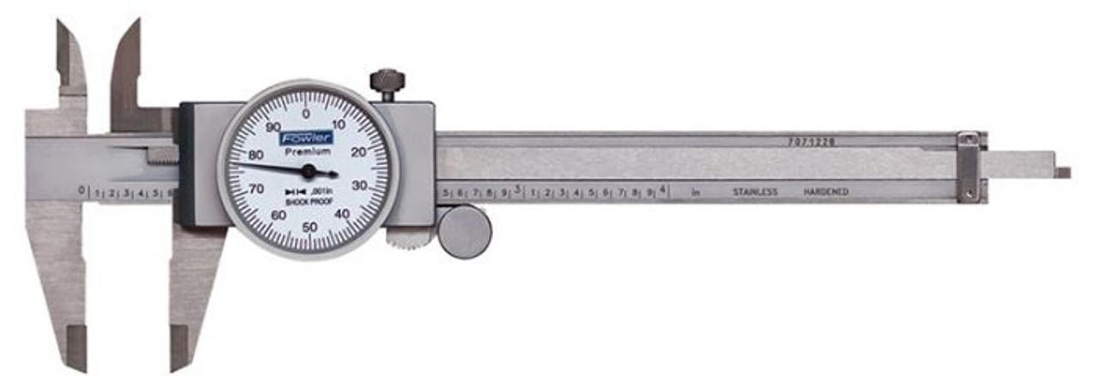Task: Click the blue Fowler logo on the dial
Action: tap(307, 137)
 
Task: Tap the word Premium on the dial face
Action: tap(308, 151)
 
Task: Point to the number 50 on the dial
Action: tap(309, 226)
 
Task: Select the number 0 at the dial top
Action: tap(307, 113)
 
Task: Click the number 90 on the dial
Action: tap(273, 127)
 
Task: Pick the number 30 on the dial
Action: tap(361, 185)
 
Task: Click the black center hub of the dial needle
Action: tap(309, 171)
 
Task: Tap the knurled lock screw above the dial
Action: tap(387, 84)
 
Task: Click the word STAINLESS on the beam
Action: tap(754, 192)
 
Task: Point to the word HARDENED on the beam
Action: tap(825, 192)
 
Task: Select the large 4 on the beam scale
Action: tap(663, 189)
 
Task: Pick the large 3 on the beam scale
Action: tap(518, 189)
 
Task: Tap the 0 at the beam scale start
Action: tap(82, 189)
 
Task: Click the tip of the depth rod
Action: tap(1063, 172)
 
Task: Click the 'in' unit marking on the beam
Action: tap(696, 193)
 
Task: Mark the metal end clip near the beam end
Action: tap(968, 167)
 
